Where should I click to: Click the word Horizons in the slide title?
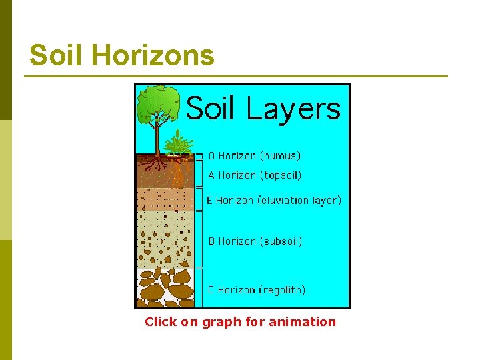tap(153, 55)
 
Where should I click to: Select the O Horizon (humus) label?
tap(254, 156)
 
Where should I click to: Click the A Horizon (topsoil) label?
tap(255, 175)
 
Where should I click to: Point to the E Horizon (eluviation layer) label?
tap(273, 200)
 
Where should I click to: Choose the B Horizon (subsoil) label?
tap(255, 241)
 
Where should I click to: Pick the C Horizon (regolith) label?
tap(257, 290)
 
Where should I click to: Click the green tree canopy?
tap(157, 103)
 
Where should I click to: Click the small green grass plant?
tap(177, 144)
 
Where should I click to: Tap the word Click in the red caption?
tap(161, 322)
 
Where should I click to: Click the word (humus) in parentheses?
tap(280, 156)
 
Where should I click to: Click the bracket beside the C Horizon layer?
tap(198, 288)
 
